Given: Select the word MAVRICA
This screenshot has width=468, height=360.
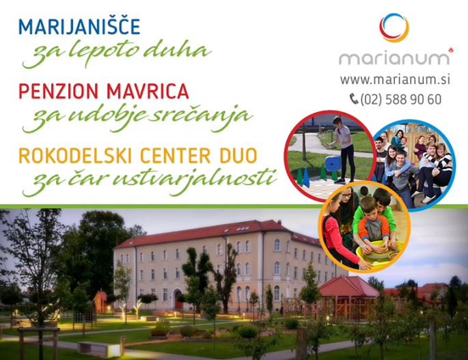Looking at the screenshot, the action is [x=148, y=91].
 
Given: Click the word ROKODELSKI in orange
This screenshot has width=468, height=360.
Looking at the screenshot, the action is [x=75, y=156].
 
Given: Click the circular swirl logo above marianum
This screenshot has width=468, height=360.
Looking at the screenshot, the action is [x=394, y=27].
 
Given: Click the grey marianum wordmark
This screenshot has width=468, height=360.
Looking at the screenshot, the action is [x=394, y=59].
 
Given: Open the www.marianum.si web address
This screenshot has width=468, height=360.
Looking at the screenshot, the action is [x=395, y=79].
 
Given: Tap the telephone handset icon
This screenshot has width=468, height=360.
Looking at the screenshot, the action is [x=354, y=99].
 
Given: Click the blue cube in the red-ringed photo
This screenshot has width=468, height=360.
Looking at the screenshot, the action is [x=333, y=163].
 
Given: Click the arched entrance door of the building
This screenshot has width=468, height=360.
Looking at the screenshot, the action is [x=179, y=299].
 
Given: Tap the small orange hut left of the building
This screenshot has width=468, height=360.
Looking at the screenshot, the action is [x=100, y=301].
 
